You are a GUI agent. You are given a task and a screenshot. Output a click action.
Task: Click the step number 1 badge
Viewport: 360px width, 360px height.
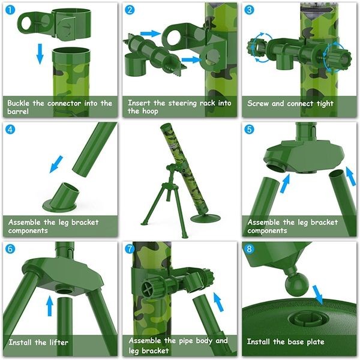(x=11, y=11)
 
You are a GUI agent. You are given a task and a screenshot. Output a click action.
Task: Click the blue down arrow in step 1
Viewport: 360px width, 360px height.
(x=40, y=53)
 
